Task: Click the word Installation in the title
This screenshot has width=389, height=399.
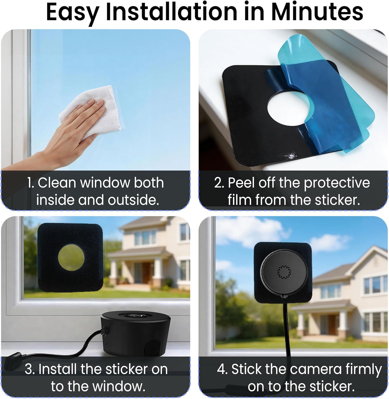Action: pyautogui.click(x=172, y=12)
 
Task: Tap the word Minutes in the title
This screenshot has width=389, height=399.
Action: pyautogui.click(x=317, y=12)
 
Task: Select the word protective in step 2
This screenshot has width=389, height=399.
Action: pyautogui.click(x=337, y=184)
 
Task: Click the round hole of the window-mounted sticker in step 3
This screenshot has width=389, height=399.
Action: pyautogui.click(x=71, y=258)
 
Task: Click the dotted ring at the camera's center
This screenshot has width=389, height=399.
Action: pyautogui.click(x=284, y=272)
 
